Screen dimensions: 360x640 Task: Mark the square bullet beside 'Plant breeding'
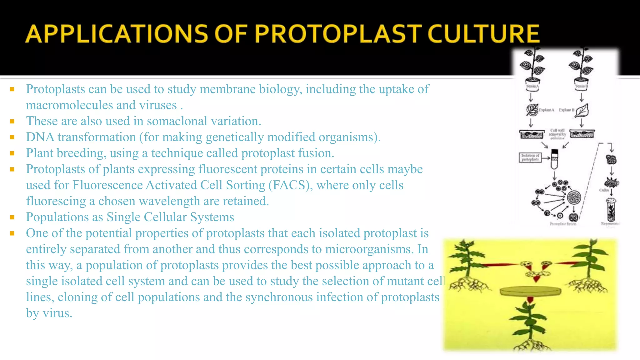click(x=12, y=153)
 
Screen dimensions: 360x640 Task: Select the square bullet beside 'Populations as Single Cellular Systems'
click(x=12, y=217)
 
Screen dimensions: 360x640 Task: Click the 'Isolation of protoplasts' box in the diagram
click(x=530, y=157)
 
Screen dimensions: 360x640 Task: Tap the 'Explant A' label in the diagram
click(x=546, y=110)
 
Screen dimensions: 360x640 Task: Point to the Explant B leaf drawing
click(x=582, y=110)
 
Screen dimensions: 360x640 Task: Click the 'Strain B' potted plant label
click(x=582, y=86)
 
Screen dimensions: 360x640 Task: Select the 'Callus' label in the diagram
click(x=603, y=190)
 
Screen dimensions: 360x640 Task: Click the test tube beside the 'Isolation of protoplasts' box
click(x=554, y=159)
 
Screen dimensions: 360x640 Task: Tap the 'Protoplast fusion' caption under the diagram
click(x=563, y=224)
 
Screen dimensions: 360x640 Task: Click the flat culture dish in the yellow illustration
click(x=530, y=292)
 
